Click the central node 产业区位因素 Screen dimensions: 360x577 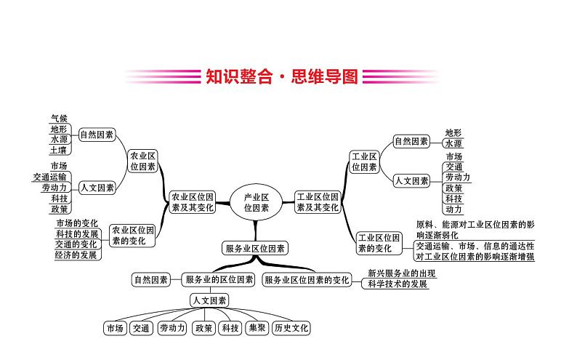256,201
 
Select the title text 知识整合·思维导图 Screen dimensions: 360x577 278,76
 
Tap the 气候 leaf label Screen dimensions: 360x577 59,117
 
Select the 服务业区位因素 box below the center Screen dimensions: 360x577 256,248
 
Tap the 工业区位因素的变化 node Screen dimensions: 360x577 378,242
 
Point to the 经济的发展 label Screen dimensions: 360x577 76,255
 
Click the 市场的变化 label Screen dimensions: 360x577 76,223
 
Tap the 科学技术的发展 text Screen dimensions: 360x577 398,284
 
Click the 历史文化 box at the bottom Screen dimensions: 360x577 291,328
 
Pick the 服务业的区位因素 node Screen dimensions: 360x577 219,279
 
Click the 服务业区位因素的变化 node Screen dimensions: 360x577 306,279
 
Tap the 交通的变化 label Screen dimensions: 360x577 76,244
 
